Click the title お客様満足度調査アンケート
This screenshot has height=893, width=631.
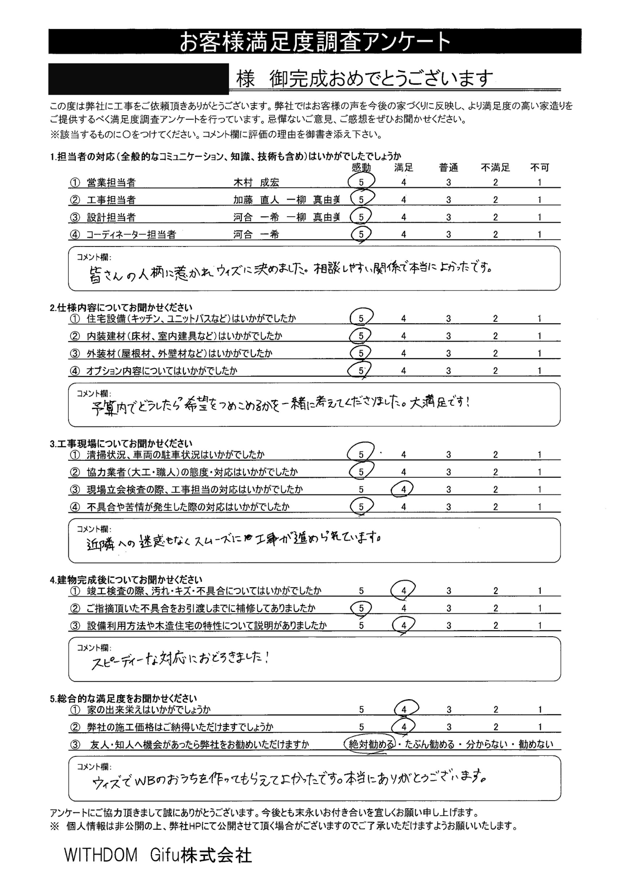click(x=315, y=42)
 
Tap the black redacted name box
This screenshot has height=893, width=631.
click(x=138, y=79)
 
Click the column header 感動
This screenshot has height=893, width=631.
click(x=361, y=168)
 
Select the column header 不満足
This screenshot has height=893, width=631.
click(x=495, y=168)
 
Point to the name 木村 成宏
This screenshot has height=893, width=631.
click(x=256, y=183)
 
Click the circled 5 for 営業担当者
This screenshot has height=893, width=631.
click(x=361, y=182)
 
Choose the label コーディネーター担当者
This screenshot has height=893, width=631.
click(x=131, y=234)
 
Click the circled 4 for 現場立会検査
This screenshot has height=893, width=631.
click(x=403, y=489)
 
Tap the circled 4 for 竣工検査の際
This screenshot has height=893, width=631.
click(x=403, y=591)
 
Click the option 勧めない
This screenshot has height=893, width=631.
click(x=535, y=744)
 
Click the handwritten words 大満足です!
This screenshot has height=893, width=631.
click(x=440, y=403)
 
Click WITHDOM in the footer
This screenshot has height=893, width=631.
click(x=101, y=855)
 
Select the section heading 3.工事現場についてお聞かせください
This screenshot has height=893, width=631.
click(x=121, y=443)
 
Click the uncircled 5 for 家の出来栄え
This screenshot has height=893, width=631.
click(x=361, y=709)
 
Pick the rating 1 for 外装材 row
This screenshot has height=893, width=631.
click(x=539, y=354)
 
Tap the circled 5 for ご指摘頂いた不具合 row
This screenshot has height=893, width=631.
click(x=361, y=608)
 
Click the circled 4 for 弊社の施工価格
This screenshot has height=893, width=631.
click(x=404, y=727)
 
